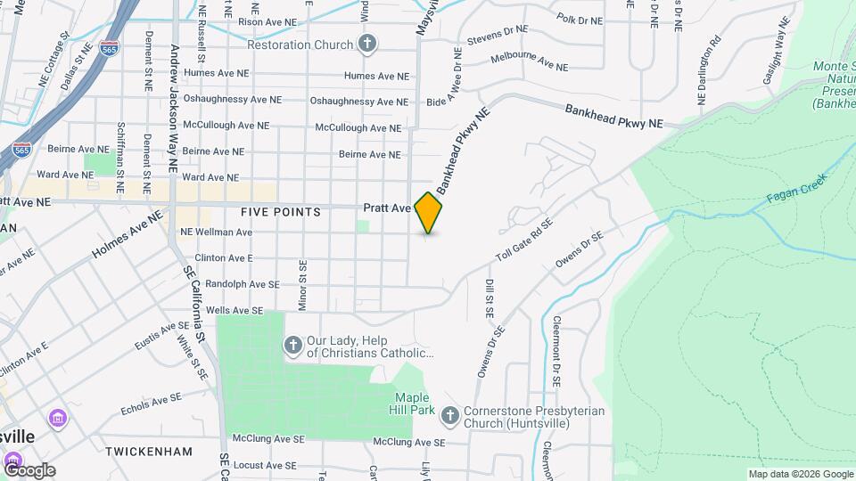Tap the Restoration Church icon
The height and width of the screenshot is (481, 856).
click(366, 44)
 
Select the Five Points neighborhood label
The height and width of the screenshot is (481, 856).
click(280, 212)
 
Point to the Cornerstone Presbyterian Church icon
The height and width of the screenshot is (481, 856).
click(450, 414)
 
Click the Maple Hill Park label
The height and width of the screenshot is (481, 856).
click(415, 404)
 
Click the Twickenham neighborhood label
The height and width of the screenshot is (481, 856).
click(149, 452)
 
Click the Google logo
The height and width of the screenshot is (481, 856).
click(29, 469)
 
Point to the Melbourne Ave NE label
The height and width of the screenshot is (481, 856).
click(530, 61)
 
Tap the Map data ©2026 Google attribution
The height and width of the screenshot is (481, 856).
click(800, 474)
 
